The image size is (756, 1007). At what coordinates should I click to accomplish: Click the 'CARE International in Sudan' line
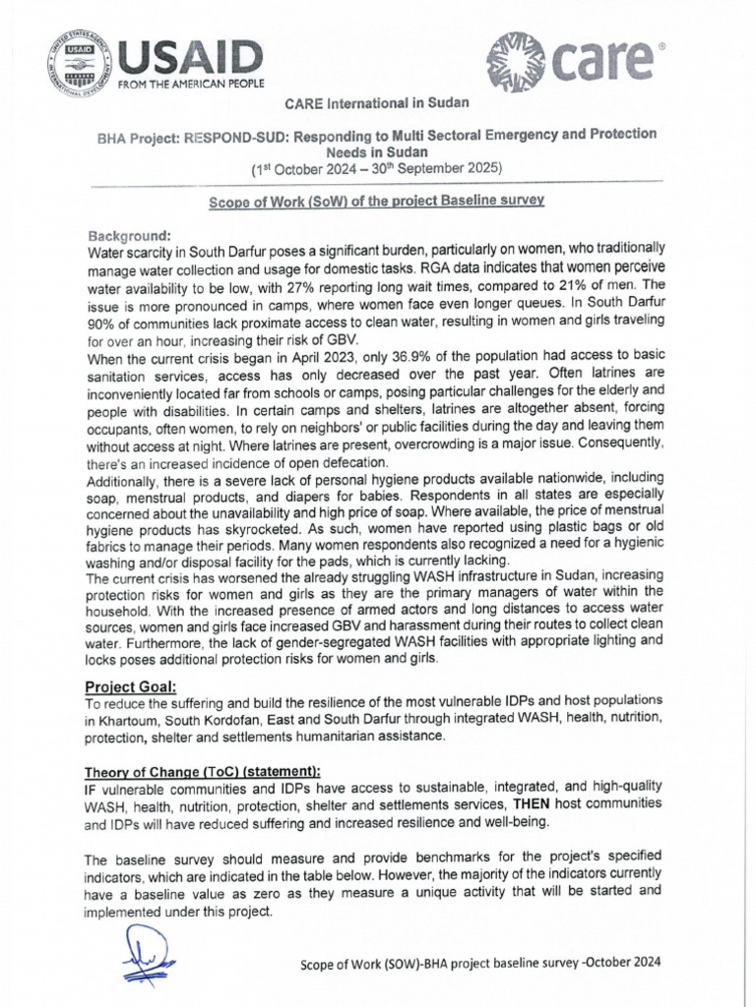pyautogui.click(x=377, y=103)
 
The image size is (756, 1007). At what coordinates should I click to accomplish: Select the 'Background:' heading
pyautogui.click(x=130, y=236)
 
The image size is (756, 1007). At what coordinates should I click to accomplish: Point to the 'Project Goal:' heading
pyautogui.click(x=131, y=685)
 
